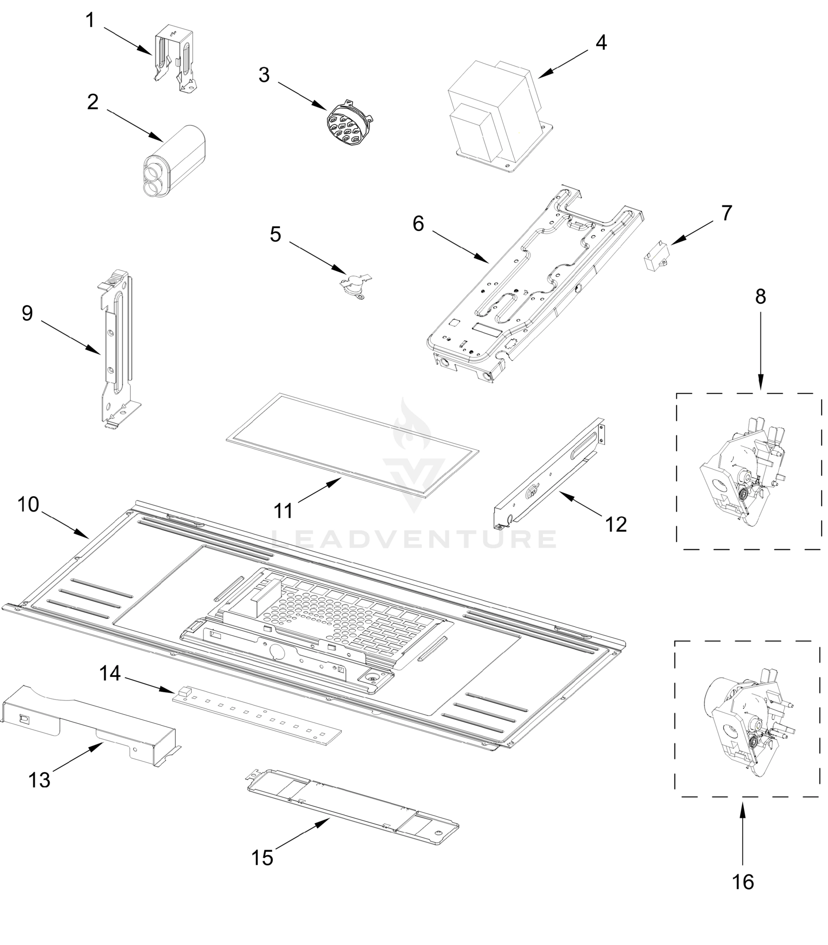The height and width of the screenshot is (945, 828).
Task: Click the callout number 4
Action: [601, 43]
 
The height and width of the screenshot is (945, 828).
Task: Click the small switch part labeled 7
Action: [656, 257]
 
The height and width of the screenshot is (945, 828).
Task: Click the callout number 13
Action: [39, 780]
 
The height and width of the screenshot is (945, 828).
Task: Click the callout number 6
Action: [418, 224]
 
